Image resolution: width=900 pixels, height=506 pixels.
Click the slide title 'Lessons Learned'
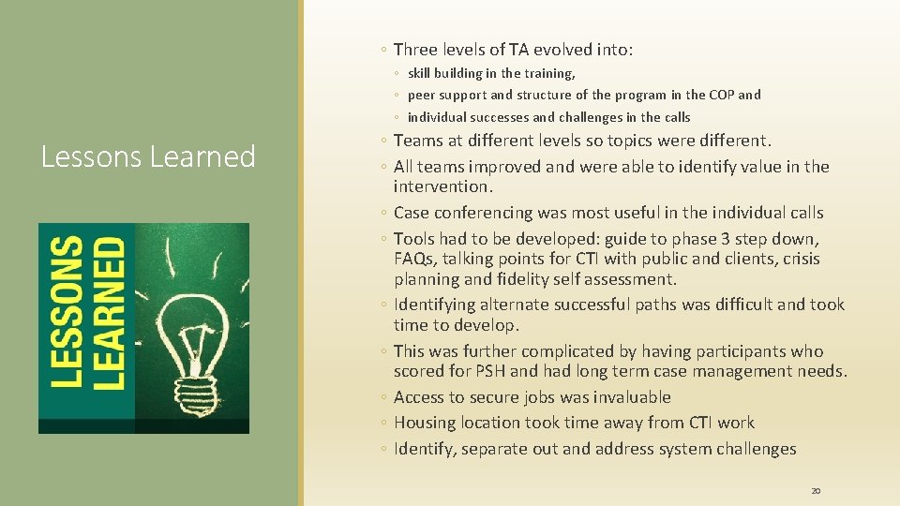tap(148, 156)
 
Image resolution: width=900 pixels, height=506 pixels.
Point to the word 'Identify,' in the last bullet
tap(426, 449)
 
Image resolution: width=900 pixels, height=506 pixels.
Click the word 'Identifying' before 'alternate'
tap(436, 305)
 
